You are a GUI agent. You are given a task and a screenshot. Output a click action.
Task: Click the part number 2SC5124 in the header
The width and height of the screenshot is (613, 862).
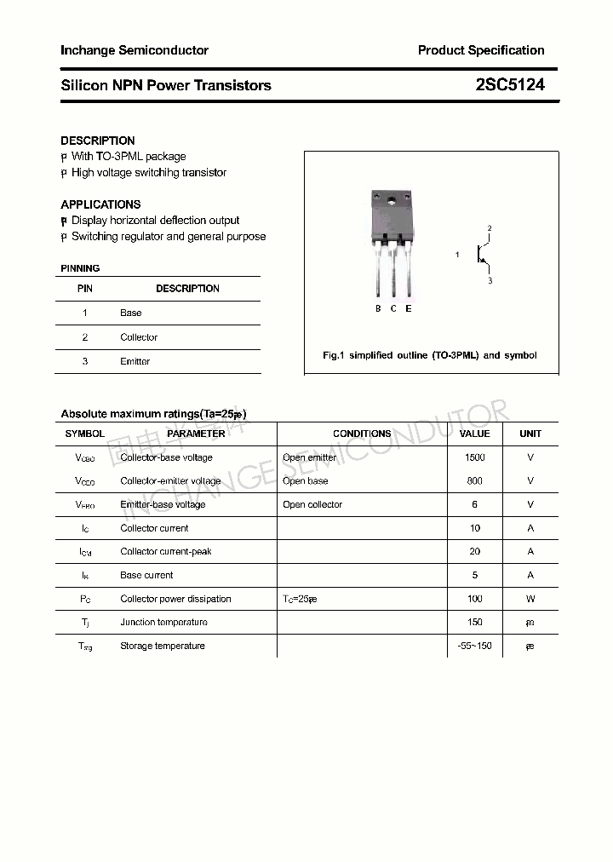(510, 85)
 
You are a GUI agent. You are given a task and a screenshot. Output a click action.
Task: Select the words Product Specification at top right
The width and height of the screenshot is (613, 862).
(481, 50)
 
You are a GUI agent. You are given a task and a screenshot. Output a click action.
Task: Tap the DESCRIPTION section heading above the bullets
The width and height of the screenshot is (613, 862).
(98, 141)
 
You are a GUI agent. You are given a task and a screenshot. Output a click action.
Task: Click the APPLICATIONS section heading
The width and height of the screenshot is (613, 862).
(100, 204)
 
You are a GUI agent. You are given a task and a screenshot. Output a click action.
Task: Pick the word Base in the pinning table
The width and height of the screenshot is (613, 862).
(131, 313)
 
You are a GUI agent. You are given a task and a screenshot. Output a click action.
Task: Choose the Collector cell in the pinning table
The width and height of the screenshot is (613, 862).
(139, 337)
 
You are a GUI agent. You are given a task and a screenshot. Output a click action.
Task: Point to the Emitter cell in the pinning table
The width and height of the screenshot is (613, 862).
(135, 361)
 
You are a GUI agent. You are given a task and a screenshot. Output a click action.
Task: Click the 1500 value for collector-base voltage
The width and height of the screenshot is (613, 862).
(475, 457)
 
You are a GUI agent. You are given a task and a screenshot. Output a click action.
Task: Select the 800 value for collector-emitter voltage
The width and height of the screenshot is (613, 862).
(475, 480)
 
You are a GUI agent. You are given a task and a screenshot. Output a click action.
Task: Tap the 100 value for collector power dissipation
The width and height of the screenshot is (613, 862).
(475, 599)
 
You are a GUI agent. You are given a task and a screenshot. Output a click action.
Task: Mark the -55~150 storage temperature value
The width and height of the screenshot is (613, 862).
(475, 646)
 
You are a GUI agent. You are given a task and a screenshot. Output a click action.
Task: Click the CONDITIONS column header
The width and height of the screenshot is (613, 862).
(362, 434)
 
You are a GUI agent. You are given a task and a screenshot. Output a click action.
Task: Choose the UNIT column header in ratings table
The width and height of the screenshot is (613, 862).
(530, 434)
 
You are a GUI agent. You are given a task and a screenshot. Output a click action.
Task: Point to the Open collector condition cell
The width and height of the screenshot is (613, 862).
(312, 504)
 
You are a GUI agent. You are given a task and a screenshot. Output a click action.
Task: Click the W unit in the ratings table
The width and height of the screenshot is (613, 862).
(530, 599)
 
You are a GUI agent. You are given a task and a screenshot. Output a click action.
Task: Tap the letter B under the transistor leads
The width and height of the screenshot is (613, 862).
(378, 308)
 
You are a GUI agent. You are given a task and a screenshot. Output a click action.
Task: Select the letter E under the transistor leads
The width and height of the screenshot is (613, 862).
(409, 308)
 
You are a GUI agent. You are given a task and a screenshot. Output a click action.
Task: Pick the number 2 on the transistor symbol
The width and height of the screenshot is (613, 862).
(490, 228)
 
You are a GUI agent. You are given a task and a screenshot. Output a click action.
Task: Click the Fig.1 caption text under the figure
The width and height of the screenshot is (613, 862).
(430, 355)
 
